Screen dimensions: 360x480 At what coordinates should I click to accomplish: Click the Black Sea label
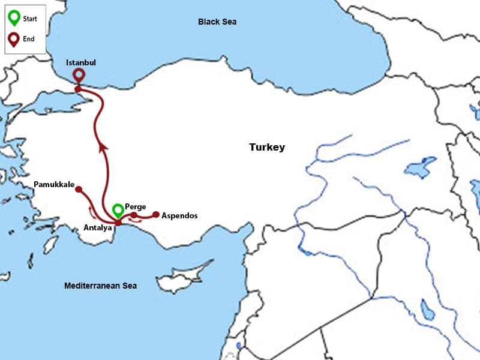[217, 22]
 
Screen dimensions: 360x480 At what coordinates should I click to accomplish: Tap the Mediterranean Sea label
[100, 286]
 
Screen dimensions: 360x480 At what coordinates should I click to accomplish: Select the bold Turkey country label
[267, 147]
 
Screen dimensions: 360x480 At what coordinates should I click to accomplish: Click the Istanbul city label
[81, 62]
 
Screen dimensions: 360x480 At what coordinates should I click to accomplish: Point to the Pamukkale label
[54, 184]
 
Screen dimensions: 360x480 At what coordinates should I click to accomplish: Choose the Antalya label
[98, 227]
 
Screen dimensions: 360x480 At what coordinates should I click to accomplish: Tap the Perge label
[135, 206]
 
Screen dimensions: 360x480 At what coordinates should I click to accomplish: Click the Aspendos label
[179, 215]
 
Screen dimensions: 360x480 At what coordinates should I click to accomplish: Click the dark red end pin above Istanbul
[78, 75]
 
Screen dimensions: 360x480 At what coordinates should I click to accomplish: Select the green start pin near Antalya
[118, 210]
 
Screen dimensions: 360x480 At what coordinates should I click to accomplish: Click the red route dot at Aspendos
[156, 214]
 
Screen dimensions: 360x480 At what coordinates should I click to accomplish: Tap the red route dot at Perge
[134, 215]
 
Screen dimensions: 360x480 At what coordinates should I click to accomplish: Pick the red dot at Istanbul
[78, 89]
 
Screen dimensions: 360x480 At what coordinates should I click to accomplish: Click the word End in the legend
[28, 38]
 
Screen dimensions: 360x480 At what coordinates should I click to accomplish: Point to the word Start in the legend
[30, 19]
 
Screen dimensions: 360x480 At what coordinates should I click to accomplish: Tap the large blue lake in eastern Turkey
[420, 166]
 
